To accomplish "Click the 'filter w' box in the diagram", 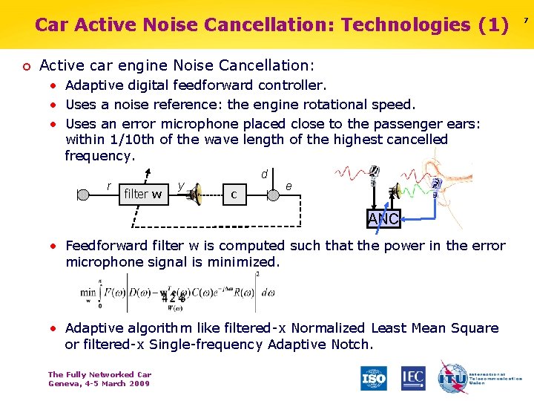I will [x=142, y=195].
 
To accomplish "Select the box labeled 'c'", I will [x=234, y=195].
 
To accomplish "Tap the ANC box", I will [x=384, y=218].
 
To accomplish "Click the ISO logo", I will [x=374, y=378].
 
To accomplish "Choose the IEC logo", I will [x=413, y=378].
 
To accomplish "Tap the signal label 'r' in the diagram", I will [x=109, y=185].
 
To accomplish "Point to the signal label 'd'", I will [x=264, y=174].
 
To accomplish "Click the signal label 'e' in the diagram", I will [x=289, y=186].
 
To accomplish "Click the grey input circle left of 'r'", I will [x=83, y=195].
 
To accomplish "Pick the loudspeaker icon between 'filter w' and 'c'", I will [x=198, y=195].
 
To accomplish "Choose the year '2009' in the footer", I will [x=137, y=383].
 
